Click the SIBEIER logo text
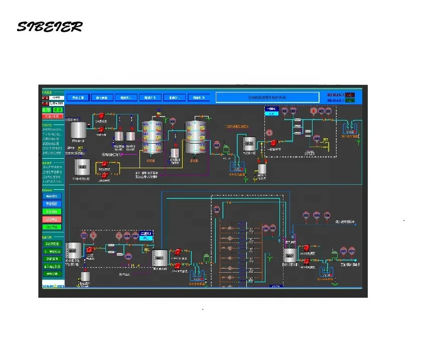[x=49, y=27]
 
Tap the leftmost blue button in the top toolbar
[x=78, y=97]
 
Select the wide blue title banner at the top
[x=267, y=97]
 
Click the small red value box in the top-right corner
[x=349, y=94]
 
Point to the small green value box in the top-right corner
[x=349, y=100]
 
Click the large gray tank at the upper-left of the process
[x=78, y=131]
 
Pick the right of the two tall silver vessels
[x=195, y=138]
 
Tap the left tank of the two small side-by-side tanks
[x=119, y=136]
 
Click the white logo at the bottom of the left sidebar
[x=52, y=284]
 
